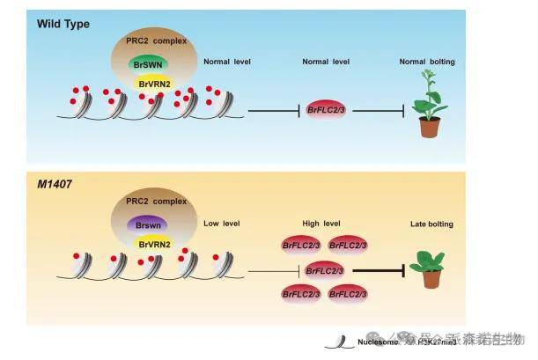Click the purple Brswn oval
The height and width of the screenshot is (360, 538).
coord(151,225)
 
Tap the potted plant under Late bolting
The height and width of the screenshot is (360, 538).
coord(431,268)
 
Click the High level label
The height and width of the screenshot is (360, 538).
coord(325,224)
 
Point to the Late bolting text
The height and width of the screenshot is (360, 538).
coord(431,224)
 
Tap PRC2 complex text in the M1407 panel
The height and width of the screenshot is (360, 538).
coord(151,202)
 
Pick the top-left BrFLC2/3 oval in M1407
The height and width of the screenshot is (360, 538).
coord(301,246)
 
